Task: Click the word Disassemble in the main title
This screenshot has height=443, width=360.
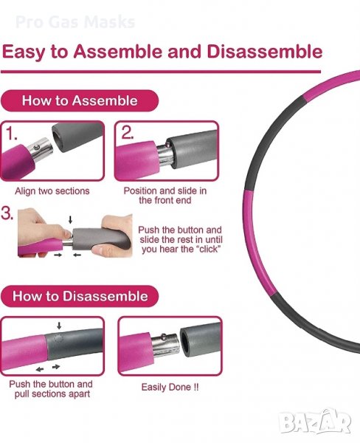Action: [265, 52]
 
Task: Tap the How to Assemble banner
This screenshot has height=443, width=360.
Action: [80, 100]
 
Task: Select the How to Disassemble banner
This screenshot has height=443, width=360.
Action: [80, 296]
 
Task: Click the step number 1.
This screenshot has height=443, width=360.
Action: [12, 134]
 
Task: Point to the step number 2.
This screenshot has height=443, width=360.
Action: [128, 132]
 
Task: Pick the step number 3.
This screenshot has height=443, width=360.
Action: [7, 213]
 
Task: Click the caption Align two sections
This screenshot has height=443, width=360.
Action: [52, 191]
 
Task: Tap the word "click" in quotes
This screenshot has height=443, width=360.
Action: [209, 249]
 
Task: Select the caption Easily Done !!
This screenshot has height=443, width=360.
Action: [170, 387]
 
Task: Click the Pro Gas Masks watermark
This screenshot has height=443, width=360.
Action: [75, 21]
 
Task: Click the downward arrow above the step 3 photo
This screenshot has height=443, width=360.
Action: [70, 219]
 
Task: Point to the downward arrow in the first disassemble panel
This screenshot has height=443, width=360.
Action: [59, 326]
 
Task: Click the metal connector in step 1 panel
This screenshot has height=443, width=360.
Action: [40, 151]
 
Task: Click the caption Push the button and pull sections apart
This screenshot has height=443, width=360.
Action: [51, 389]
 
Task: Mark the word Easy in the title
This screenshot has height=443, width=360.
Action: [24, 52]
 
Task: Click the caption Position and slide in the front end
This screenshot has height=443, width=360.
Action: [165, 196]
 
